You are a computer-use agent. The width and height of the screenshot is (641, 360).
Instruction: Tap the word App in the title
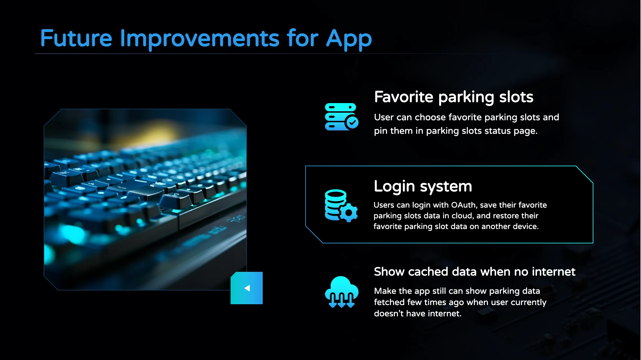[x=349, y=39]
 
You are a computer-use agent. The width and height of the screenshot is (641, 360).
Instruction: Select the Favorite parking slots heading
[x=454, y=97]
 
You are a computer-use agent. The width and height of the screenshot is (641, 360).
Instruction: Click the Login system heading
[x=423, y=187]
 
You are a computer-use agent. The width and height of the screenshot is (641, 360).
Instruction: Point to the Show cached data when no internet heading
[x=475, y=272]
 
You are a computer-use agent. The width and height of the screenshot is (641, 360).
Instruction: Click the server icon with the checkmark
[x=342, y=117]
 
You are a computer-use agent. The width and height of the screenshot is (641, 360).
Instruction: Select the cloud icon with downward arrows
[x=342, y=292]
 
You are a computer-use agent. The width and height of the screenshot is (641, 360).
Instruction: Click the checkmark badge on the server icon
[x=352, y=123]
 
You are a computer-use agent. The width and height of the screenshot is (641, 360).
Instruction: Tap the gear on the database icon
[x=349, y=213]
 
